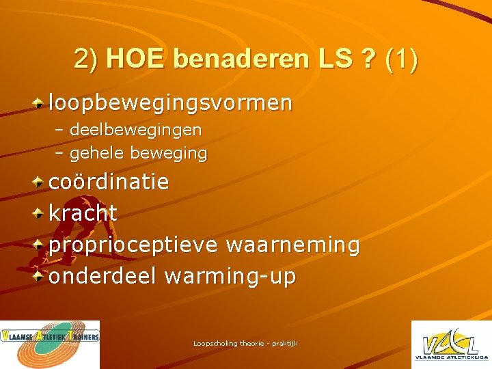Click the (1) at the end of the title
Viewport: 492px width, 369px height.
click(x=402, y=60)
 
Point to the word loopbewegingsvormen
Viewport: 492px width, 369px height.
click(x=170, y=104)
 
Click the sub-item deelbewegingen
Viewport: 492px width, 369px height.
click(x=135, y=129)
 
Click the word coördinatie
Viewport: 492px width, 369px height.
click(x=109, y=182)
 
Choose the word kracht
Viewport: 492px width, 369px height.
click(x=83, y=213)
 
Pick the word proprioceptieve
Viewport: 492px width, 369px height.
click(x=133, y=245)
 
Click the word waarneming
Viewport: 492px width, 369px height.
click(x=292, y=245)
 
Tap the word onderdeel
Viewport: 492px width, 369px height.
click(x=102, y=276)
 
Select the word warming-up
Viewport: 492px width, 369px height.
click(x=230, y=276)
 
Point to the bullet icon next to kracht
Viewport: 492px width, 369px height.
click(x=40, y=213)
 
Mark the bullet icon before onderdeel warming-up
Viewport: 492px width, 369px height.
click(x=40, y=276)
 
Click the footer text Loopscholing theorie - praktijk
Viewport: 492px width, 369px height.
click(x=245, y=343)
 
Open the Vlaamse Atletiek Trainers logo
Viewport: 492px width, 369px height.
click(x=50, y=344)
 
